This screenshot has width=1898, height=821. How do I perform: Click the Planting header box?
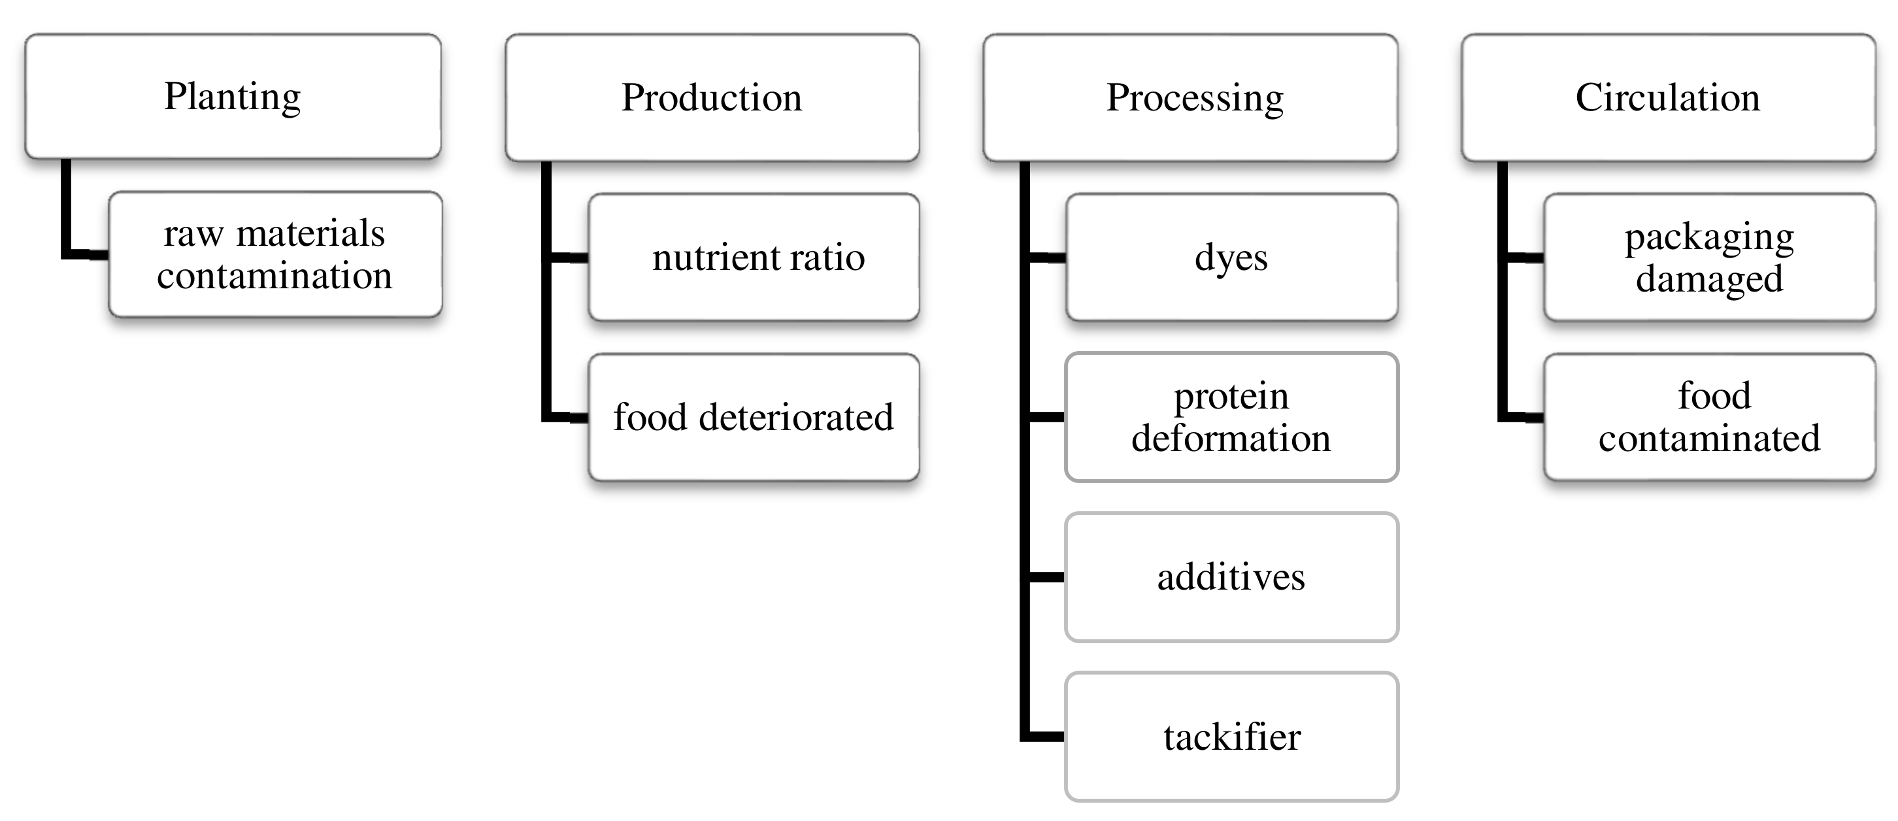(233, 97)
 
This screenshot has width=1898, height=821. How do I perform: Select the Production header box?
(712, 97)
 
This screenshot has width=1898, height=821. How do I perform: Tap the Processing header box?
(1191, 97)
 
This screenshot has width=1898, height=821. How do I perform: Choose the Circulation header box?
(1668, 97)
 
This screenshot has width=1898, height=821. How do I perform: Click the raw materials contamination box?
(275, 255)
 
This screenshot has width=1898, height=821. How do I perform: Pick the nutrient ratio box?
(754, 257)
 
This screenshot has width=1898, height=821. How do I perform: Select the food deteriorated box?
(754, 417)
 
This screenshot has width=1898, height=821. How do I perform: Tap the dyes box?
(1231, 257)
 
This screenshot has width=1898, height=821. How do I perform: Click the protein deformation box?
(1231, 417)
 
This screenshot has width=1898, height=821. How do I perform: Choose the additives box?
(1231, 577)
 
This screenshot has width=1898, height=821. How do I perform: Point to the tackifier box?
(1231, 737)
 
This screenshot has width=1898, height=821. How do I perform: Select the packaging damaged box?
(1709, 257)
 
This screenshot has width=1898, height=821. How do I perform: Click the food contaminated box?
(1709, 417)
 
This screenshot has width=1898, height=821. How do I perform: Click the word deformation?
(1231, 439)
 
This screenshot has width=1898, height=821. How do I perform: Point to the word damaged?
(1709, 279)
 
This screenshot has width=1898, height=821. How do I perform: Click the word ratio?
(827, 257)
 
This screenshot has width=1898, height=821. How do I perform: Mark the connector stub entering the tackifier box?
(1046, 736)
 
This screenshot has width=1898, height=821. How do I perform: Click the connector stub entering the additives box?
(1046, 577)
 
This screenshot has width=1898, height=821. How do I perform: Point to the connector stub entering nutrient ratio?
(569, 257)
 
